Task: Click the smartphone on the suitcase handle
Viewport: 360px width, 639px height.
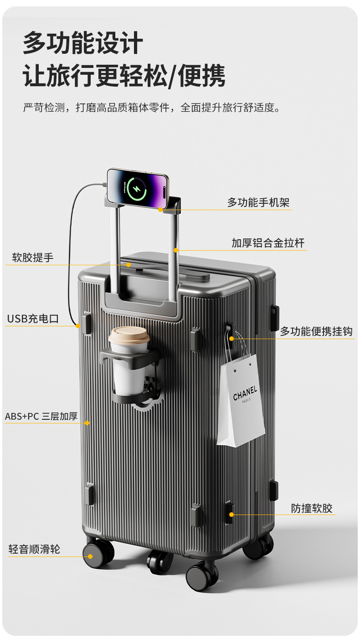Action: [x=138, y=186]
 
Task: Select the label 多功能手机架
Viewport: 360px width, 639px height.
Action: [x=258, y=202]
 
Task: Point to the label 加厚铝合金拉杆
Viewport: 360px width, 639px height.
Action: [x=267, y=243]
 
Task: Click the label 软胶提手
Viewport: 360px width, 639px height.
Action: [x=33, y=258]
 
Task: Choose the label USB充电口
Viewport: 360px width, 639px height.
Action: [x=33, y=319]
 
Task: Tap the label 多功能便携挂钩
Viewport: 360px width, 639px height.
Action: [x=316, y=331]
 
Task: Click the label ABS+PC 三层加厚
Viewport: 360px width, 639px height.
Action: [x=41, y=416]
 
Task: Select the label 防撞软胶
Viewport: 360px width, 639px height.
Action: [x=312, y=508]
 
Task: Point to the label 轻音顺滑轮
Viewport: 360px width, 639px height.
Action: [x=34, y=549]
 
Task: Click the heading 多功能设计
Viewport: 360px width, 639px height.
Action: [x=83, y=43]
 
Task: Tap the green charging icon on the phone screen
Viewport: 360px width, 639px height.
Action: [x=136, y=187]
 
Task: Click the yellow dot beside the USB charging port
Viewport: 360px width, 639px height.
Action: [x=78, y=325]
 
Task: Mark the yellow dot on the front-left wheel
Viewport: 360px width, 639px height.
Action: [x=90, y=556]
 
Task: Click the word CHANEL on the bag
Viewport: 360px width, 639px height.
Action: [x=245, y=393]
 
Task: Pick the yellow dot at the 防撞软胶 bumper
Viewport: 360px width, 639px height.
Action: [x=231, y=515]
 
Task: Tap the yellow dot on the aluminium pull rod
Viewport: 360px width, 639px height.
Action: [x=176, y=250]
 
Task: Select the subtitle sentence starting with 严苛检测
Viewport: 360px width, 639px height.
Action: [x=151, y=108]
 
